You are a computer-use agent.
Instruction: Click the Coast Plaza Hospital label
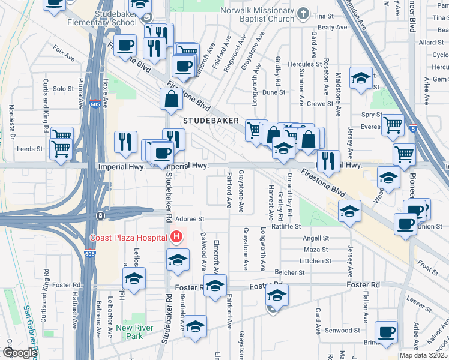128,238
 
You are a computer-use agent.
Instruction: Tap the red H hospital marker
176,237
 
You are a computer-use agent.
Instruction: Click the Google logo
20,353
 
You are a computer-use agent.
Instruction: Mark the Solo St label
63,89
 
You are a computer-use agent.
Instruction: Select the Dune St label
274,92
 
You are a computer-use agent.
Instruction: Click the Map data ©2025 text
423,355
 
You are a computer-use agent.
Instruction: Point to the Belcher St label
286,272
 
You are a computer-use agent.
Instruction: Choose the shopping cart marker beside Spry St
393,125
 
